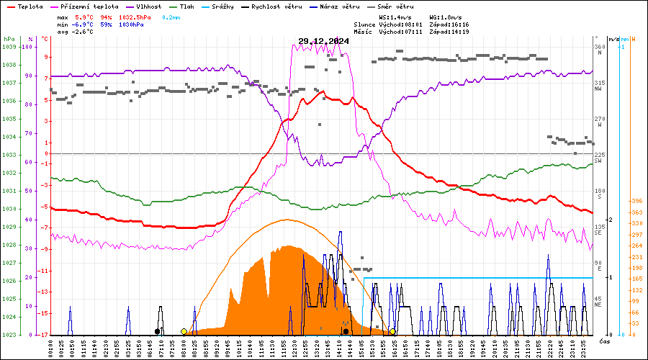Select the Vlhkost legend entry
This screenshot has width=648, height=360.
140,6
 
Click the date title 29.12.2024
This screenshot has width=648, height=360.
323,41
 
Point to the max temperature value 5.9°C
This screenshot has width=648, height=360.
84,16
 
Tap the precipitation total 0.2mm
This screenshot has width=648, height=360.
171,16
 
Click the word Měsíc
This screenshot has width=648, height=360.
364,32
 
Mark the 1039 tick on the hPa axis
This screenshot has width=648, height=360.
9,47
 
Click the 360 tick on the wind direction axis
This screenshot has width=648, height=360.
599,47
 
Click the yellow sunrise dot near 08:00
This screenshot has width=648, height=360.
184,331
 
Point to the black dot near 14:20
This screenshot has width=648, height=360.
346,331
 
